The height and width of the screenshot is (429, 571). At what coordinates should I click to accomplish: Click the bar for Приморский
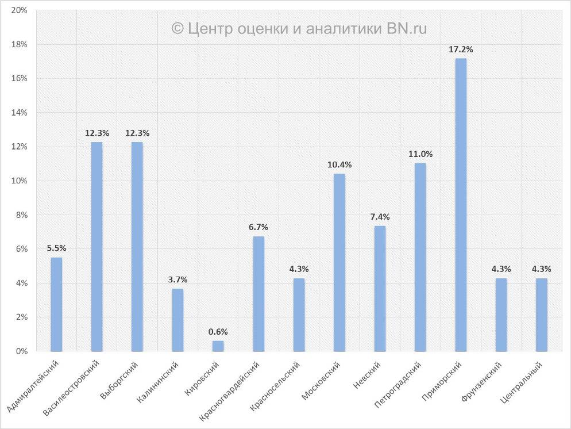tap(461, 205)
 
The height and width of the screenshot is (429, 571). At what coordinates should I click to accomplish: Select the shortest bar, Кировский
tap(218, 346)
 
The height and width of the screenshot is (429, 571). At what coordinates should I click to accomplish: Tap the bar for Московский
tap(339, 262)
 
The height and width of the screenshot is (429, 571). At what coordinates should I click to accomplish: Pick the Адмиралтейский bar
tap(56, 304)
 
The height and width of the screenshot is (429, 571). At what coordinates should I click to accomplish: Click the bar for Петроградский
tap(420, 257)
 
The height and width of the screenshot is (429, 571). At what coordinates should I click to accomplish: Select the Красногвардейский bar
tap(259, 294)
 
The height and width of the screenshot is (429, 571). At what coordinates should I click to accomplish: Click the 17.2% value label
tap(461, 49)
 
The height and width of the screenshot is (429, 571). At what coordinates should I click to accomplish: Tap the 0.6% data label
tap(218, 332)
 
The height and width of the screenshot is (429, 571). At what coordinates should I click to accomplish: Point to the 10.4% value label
tap(339, 164)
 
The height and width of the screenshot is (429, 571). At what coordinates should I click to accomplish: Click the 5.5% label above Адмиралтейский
tap(56, 248)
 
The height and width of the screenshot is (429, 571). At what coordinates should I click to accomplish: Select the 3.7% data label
tap(178, 279)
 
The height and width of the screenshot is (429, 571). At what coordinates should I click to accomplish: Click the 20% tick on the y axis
tap(20, 11)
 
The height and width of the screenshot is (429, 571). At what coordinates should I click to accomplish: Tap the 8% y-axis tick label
tap(21, 215)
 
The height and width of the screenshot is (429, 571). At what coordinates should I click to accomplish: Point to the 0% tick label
tap(21, 351)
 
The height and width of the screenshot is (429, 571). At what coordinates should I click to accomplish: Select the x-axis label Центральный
tap(523, 382)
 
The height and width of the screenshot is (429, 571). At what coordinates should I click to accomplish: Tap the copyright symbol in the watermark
tap(178, 28)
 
